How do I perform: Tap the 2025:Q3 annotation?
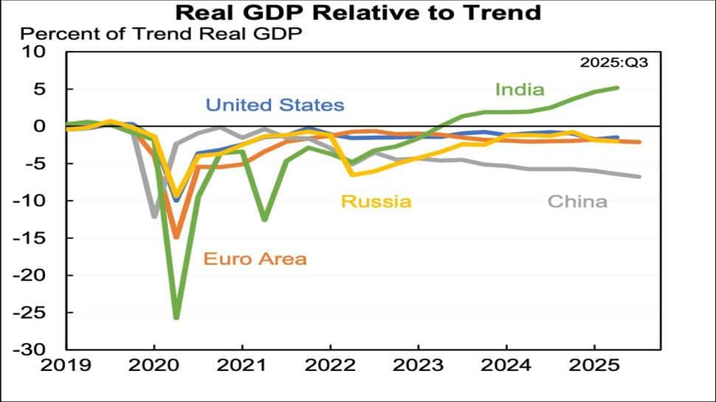[614, 63]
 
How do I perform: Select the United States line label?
[275, 105]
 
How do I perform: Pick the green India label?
[520, 90]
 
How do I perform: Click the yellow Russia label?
[376, 201]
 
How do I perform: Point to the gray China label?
[577, 201]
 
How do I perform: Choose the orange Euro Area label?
[255, 259]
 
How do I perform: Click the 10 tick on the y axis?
[35, 52]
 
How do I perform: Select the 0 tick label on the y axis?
[41, 126]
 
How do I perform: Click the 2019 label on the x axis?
[66, 364]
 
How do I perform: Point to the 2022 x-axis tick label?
[330, 364]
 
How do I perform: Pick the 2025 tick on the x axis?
[594, 364]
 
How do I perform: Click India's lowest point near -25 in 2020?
[176, 318]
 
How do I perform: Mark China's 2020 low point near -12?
[154, 217]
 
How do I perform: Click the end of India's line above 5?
[617, 88]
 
